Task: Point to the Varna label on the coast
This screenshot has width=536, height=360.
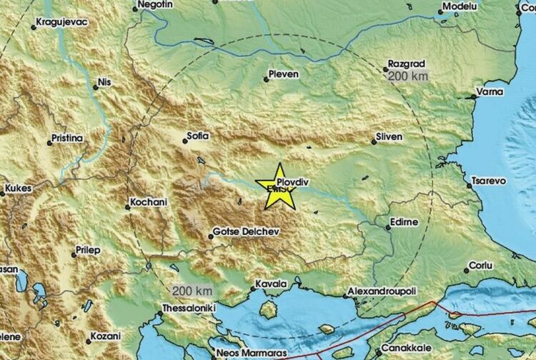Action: tap(491, 92)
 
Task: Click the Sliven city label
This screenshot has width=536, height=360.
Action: tap(389, 136)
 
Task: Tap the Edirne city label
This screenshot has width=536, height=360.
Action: tap(404, 223)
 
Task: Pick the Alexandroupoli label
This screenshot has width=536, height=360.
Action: tap(381, 292)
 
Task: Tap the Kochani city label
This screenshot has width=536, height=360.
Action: tap(150, 203)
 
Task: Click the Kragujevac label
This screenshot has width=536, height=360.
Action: tap(61, 22)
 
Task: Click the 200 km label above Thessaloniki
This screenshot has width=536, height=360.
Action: tap(192, 291)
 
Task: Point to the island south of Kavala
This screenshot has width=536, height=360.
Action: tap(269, 310)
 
